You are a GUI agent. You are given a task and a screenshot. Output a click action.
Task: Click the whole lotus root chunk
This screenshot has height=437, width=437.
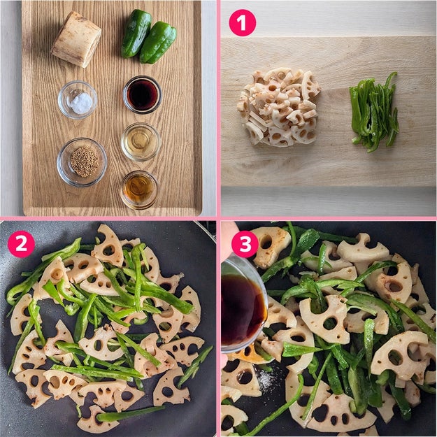tap(76, 39)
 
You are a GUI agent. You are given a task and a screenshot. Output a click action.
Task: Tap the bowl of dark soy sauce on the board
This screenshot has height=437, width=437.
tap(142, 94)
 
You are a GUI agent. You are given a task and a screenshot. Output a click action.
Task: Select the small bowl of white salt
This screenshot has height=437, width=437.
tap(78, 100)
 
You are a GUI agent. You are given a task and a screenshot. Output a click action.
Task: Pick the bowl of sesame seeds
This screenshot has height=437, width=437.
tap(82, 162)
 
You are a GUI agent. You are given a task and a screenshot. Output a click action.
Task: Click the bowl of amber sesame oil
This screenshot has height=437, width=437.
tap(139, 190)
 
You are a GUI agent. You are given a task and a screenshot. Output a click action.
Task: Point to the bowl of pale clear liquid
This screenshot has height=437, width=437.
tap(141, 142)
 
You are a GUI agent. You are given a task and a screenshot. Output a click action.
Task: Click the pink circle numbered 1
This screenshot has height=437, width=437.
tap(242, 23)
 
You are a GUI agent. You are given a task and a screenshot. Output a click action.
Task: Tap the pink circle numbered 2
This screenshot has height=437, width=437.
tap(21, 244)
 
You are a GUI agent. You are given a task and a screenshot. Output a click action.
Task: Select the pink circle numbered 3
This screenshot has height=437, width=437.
tap(245, 244)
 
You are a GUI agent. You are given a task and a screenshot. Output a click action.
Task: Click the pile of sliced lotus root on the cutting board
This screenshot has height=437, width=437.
tap(279, 107)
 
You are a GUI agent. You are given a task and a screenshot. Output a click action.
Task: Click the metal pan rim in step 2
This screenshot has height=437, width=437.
tap(206, 231)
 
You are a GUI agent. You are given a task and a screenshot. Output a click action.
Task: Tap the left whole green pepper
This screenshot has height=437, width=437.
tap(136, 33)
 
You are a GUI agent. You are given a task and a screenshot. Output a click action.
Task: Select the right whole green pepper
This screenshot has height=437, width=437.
tap(158, 43)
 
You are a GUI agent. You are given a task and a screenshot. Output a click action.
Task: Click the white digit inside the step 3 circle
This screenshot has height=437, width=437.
tap(245, 244)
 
